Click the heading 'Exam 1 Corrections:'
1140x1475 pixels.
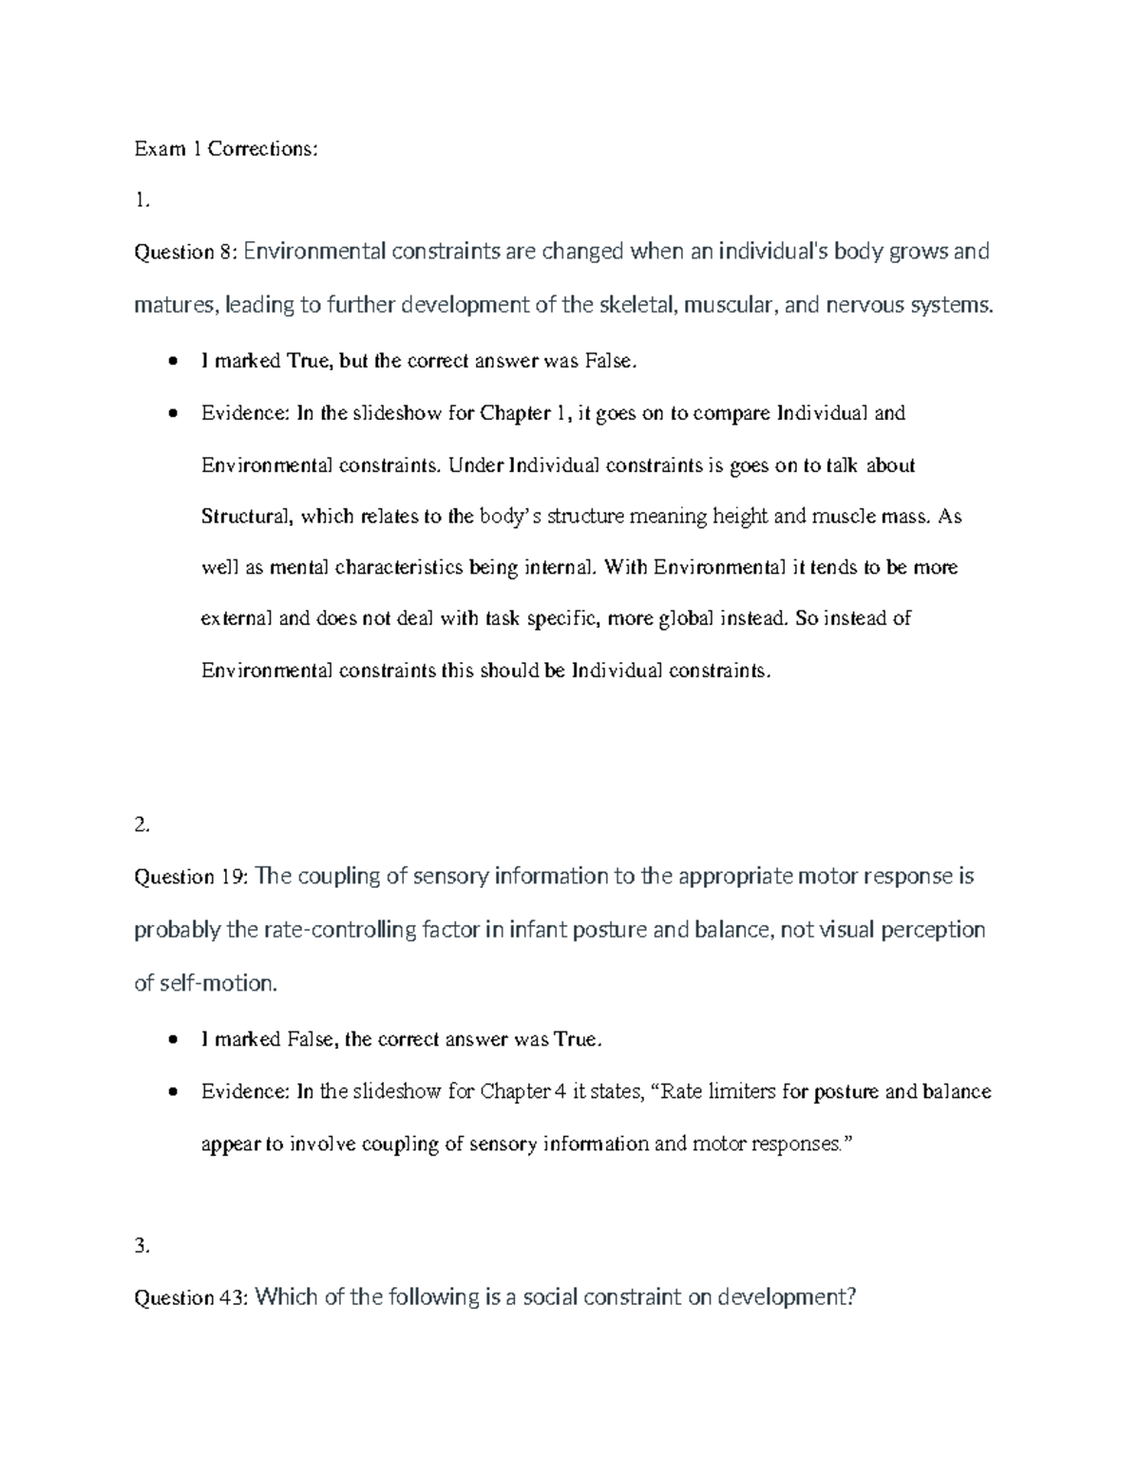pos(225,148)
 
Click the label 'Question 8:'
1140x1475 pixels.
pos(186,252)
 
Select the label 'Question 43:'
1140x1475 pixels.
pos(191,1297)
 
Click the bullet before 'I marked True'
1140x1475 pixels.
pos(172,361)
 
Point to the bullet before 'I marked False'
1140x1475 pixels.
pos(172,1040)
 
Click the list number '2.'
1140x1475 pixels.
pos(142,825)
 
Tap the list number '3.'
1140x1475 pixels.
pos(142,1247)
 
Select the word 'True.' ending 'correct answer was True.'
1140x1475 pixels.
pos(579,1040)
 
